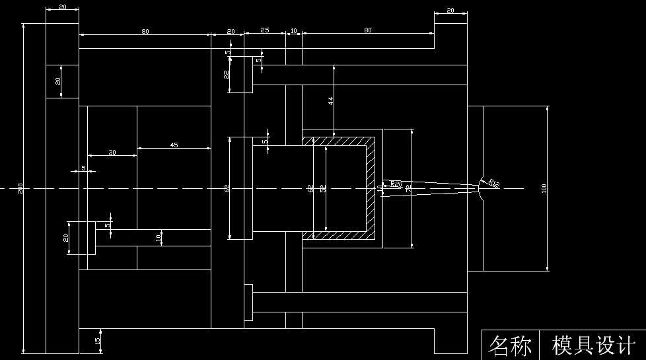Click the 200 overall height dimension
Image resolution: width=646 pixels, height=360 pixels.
(x=20, y=188)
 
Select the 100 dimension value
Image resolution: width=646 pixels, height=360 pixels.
(x=544, y=188)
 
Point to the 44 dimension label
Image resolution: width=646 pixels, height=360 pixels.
(x=330, y=100)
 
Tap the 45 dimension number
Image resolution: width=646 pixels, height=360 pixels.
(x=174, y=145)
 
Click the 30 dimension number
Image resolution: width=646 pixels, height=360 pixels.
(x=112, y=153)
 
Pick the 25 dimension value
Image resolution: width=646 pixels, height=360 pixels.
(x=264, y=30)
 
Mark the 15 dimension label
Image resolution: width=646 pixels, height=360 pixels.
(x=98, y=341)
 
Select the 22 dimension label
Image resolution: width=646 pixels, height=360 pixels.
(x=226, y=75)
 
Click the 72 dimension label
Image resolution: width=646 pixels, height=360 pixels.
(x=408, y=188)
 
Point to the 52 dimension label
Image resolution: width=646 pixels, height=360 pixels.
(x=322, y=188)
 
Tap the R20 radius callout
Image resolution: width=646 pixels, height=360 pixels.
(x=396, y=184)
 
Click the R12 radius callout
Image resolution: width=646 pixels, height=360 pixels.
(x=494, y=183)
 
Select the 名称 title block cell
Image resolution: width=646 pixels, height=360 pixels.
(x=510, y=345)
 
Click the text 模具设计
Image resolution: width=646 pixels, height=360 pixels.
(x=593, y=345)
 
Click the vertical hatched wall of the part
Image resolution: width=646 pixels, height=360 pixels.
(x=371, y=188)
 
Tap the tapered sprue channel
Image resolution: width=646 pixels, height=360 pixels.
(x=429, y=188)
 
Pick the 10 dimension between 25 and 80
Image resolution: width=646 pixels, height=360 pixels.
(x=293, y=30)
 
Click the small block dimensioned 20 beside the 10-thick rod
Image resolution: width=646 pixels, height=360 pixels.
(x=83, y=238)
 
